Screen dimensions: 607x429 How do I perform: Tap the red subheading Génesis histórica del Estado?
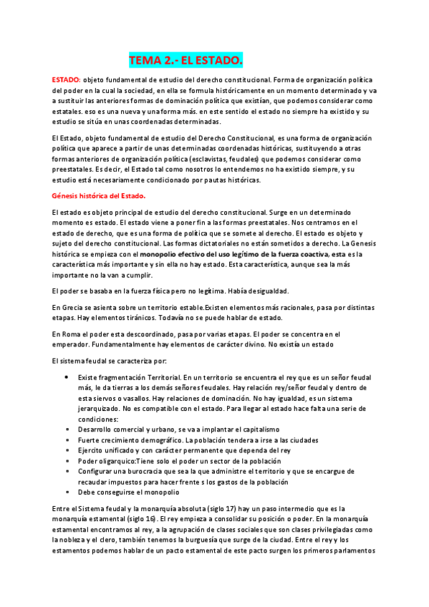pos(99,195)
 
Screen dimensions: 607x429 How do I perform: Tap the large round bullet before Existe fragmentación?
pos(67,377)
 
